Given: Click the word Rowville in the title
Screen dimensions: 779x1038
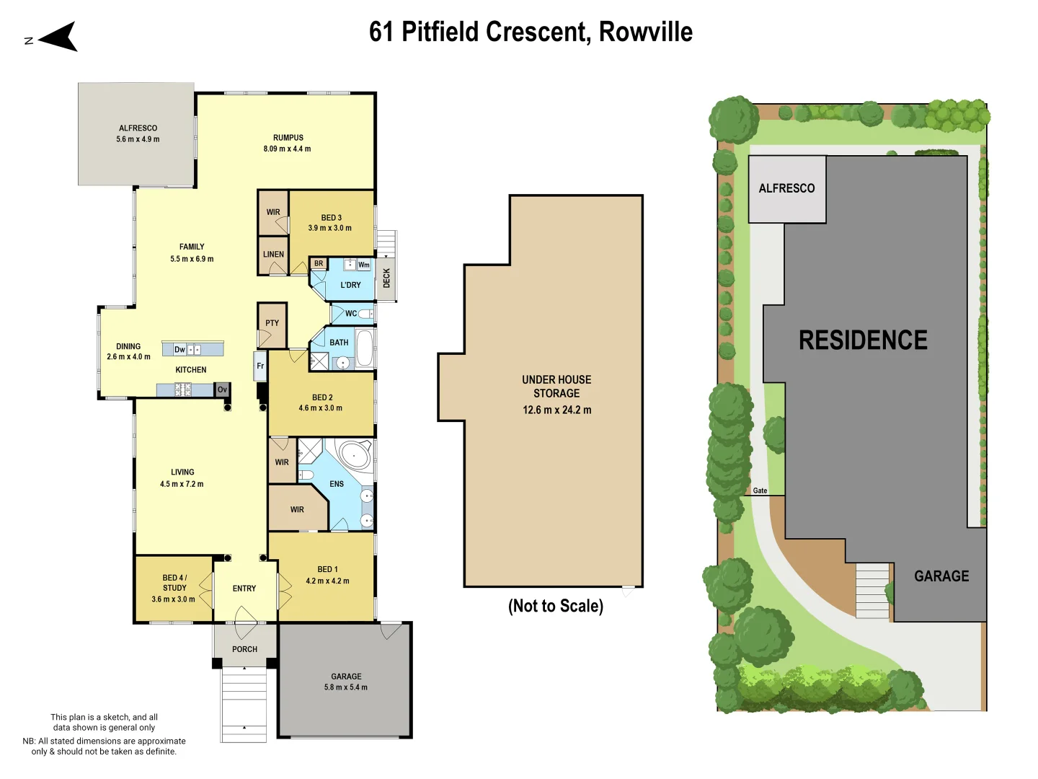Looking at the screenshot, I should [x=645, y=32].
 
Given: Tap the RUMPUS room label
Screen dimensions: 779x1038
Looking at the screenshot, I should [x=288, y=138].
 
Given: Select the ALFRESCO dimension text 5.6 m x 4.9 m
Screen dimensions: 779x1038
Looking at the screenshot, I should [x=138, y=139].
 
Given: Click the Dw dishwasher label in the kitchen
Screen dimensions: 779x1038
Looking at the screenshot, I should [x=179, y=350].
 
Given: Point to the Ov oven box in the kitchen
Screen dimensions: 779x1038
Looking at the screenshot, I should [x=223, y=389].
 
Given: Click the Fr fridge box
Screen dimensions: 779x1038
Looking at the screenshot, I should [x=260, y=366].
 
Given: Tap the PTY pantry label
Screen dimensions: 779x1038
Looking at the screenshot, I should [x=272, y=323].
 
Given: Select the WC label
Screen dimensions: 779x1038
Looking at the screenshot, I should [x=350, y=314].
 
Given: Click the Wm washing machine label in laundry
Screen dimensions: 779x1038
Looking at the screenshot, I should [x=364, y=265].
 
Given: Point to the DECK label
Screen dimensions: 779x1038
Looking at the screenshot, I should [x=386, y=278].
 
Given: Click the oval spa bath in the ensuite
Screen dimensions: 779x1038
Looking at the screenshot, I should [x=355, y=455].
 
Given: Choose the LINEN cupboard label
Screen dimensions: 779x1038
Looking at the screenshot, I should [x=273, y=255].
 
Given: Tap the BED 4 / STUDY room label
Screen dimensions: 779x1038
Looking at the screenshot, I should [x=174, y=583].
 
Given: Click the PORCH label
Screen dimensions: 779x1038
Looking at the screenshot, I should [x=244, y=649].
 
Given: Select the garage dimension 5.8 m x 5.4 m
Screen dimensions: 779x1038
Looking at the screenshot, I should [x=346, y=687].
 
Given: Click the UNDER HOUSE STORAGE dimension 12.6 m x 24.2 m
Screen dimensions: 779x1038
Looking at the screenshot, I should [x=556, y=410].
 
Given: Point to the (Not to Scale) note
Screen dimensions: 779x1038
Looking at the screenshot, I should [x=555, y=606].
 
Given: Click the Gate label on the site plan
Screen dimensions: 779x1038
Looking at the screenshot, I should [x=760, y=490].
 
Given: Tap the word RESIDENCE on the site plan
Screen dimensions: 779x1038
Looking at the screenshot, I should [x=863, y=340].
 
